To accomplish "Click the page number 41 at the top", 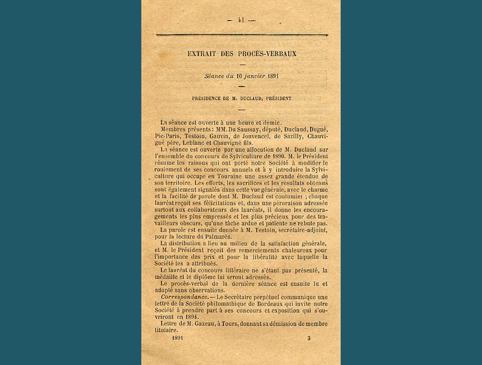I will point(241,20).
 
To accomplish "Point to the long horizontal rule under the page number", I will point(242,35).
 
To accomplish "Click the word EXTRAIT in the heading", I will point(204,54).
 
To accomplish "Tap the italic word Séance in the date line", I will point(214,76).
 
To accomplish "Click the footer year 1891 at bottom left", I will point(177,338).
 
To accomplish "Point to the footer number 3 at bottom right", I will point(308,338).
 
